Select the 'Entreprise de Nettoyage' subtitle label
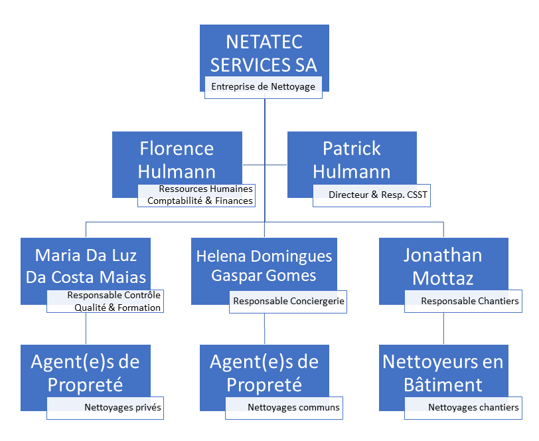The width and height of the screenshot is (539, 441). (263, 87)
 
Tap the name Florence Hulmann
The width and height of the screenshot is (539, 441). (177, 160)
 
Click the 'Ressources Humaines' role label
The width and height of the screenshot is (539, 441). (206, 189)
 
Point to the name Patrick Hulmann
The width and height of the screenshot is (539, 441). (352, 160)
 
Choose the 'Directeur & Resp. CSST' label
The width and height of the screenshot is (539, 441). (378, 195)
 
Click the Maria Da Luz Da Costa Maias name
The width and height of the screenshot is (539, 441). (86, 266)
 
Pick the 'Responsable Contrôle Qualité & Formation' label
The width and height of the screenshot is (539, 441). (114, 302)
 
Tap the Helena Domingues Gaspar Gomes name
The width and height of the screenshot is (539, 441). (264, 266)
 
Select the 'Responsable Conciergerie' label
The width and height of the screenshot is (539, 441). (289, 301)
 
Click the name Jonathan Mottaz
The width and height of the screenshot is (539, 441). (443, 266)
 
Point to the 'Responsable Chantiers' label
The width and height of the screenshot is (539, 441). (470, 301)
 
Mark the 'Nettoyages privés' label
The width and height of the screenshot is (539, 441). (123, 407)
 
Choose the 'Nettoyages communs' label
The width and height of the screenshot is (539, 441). (293, 407)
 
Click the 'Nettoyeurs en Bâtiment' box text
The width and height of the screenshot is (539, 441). (443, 373)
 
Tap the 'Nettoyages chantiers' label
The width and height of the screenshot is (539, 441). (473, 407)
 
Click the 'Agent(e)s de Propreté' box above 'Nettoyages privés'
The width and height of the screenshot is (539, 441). (86, 373)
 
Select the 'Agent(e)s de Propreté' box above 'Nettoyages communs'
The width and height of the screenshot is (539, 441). (264, 373)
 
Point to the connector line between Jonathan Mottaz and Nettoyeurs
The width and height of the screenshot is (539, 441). (443, 329)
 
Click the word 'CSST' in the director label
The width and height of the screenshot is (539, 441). (418, 195)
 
